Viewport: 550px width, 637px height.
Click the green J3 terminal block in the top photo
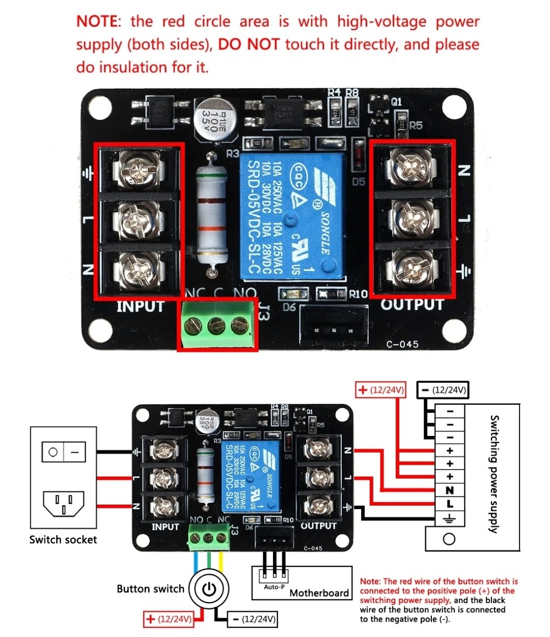tap(217, 325)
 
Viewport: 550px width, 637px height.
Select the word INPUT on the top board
tap(141, 307)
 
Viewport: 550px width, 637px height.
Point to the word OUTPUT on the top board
tap(413, 305)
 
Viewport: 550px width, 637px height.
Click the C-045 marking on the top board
tap(402, 344)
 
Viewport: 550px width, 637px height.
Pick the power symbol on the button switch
tap(209, 589)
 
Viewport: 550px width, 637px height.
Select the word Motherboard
tap(319, 593)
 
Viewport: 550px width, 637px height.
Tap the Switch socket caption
tap(63, 540)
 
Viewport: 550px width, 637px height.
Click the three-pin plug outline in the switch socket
tap(64, 504)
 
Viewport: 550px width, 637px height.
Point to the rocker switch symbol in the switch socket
tap(64, 452)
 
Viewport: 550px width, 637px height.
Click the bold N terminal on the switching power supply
tap(449, 490)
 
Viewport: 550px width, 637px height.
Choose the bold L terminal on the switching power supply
tap(449, 504)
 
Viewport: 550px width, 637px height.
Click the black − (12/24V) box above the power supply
tap(443, 390)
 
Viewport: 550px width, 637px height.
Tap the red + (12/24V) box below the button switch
tap(169, 619)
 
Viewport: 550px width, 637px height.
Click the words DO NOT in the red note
tap(249, 44)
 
